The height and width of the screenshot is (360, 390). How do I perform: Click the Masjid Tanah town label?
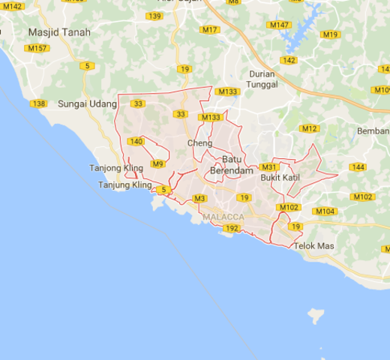[58, 32]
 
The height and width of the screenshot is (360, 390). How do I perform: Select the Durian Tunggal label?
[263, 79]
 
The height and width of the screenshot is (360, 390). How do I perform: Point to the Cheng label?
[199, 142]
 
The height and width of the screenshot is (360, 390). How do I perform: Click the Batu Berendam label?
[232, 166]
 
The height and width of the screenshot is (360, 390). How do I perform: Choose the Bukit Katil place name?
[280, 178]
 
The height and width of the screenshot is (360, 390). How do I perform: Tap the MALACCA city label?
[223, 217]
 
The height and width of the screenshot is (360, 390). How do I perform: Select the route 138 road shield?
[39, 103]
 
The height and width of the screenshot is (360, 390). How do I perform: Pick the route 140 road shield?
[136, 141]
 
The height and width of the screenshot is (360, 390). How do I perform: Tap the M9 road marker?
[157, 163]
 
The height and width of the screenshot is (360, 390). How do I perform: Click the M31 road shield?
[269, 167]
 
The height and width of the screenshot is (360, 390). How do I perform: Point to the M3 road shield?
[199, 198]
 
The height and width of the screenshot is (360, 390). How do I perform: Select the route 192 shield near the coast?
[232, 227]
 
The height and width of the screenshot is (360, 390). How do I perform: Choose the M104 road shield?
[325, 211]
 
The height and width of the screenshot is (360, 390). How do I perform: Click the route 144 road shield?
[358, 166]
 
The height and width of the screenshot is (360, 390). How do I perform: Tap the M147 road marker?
[279, 25]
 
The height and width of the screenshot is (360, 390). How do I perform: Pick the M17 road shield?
[211, 30]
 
